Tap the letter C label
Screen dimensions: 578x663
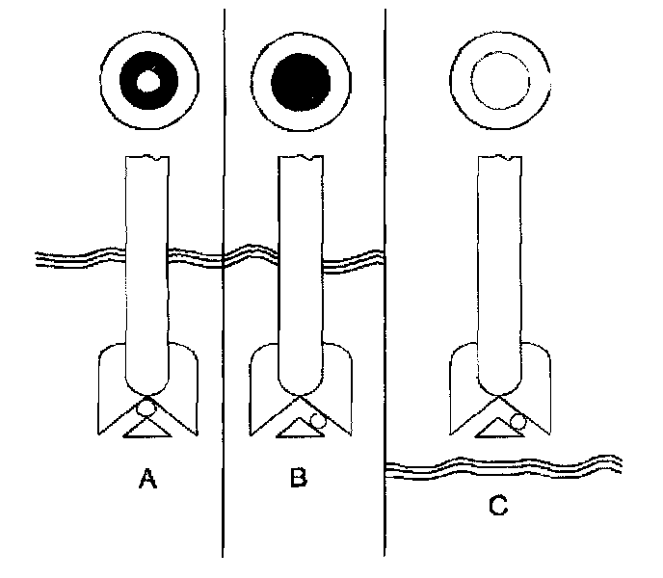497,504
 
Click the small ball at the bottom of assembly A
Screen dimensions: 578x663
146,409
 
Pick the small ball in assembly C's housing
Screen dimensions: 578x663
517,420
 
